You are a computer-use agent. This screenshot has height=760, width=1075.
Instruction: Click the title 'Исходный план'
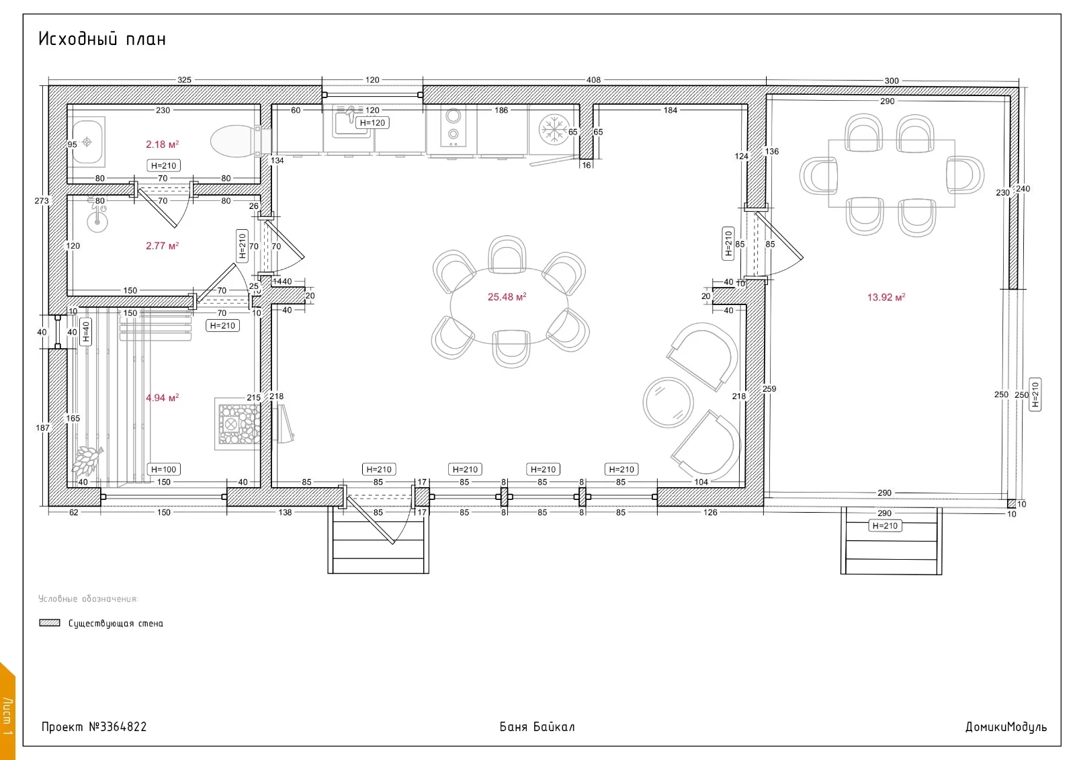click(102, 39)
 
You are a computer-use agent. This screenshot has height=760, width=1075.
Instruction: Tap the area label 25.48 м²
click(507, 297)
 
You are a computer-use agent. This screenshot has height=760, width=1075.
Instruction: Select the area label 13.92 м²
click(886, 297)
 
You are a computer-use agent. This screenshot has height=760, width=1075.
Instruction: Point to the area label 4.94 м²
click(162, 398)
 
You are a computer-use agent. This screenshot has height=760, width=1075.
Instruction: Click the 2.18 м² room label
click(162, 144)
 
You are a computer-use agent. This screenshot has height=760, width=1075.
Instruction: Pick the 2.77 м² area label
click(162, 246)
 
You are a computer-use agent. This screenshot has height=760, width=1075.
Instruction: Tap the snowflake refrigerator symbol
click(554, 129)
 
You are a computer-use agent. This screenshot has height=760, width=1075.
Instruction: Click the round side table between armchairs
click(668, 403)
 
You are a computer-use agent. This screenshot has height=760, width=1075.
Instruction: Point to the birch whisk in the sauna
click(87, 461)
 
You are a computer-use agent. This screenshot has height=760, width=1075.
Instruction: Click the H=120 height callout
click(372, 123)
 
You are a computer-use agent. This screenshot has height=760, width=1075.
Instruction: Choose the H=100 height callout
click(164, 469)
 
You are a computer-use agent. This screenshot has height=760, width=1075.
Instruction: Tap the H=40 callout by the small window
click(86, 331)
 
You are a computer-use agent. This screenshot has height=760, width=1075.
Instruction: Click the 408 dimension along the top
click(594, 80)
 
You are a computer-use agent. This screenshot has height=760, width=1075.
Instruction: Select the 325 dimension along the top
click(184, 80)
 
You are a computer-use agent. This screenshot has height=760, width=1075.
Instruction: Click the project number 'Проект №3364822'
click(94, 727)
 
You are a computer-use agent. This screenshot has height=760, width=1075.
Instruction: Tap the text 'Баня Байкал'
click(537, 727)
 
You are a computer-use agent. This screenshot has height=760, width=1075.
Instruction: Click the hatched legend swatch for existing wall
click(50, 623)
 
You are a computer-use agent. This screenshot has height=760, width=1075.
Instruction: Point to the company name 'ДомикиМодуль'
click(1006, 727)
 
